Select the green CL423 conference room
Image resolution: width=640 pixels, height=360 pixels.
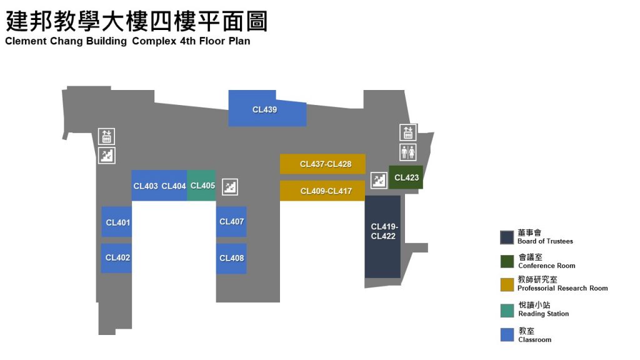click(x=406, y=177)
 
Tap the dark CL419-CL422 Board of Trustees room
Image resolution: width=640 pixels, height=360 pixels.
click(x=382, y=236)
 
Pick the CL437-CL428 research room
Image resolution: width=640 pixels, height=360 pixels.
click(x=322, y=164)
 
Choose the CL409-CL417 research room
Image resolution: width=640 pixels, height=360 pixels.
click(x=322, y=191)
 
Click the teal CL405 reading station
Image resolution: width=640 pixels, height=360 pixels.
click(x=202, y=186)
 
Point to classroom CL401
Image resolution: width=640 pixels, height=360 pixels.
click(x=117, y=222)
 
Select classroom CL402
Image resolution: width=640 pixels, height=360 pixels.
click(x=117, y=257)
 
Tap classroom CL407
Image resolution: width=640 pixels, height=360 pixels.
click(x=231, y=222)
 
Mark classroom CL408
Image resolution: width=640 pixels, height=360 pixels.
click(x=231, y=258)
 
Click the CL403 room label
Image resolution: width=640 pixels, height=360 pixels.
click(x=146, y=186)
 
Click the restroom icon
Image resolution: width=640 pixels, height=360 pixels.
click(x=408, y=152)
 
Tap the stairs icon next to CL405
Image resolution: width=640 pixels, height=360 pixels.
click(x=231, y=186)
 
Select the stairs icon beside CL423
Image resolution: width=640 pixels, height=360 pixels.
click(x=379, y=180)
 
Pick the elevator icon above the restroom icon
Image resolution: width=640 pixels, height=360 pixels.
click(x=408, y=132)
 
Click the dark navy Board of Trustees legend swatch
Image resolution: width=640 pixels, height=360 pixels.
click(x=507, y=237)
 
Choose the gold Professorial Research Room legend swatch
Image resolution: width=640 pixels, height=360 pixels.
click(x=507, y=284)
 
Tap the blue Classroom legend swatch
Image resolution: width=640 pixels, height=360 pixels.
click(x=507, y=334)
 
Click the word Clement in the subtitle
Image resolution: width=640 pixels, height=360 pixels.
click(x=24, y=42)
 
